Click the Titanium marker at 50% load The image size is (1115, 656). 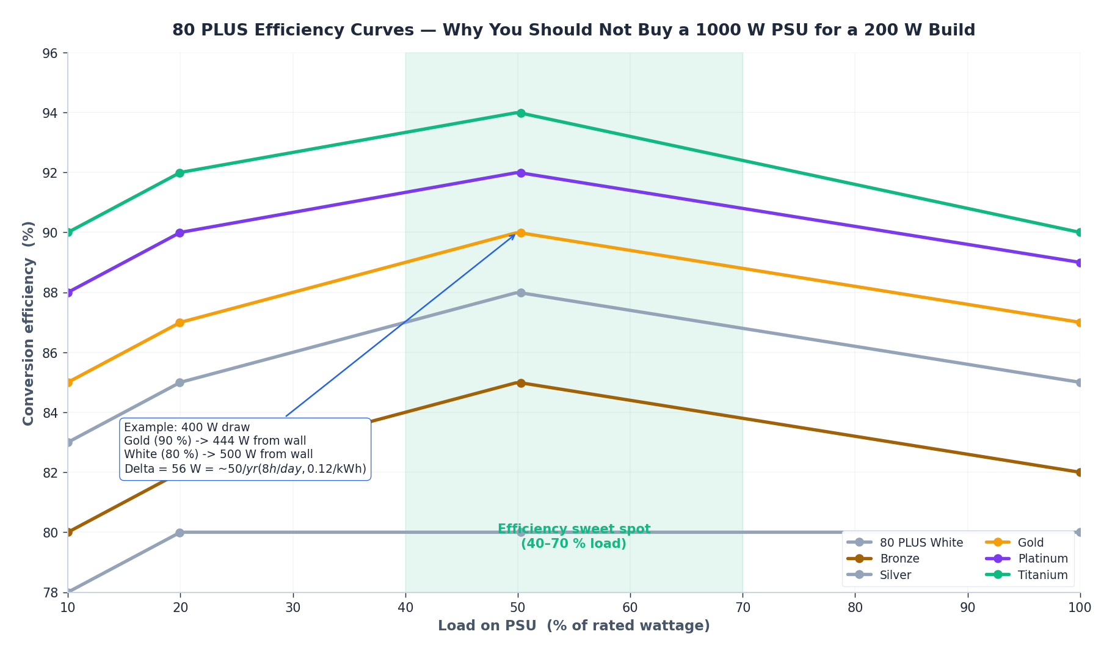[520, 113]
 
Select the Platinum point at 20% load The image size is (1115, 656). [180, 233]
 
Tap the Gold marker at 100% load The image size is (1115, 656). [1079, 323]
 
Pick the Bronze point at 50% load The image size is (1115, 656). [520, 383]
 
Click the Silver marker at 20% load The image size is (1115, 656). [180, 382]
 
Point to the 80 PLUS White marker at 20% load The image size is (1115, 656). [180, 533]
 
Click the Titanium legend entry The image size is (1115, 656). [1042, 575]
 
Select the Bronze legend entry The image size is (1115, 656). [899, 558]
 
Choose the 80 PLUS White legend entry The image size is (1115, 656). [920, 542]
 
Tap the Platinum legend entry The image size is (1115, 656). [1042, 558]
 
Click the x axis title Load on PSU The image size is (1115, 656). [573, 625]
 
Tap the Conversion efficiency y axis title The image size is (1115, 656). [28, 323]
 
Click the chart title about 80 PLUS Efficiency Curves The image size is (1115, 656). [573, 30]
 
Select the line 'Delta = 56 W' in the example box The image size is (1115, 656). [245, 468]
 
